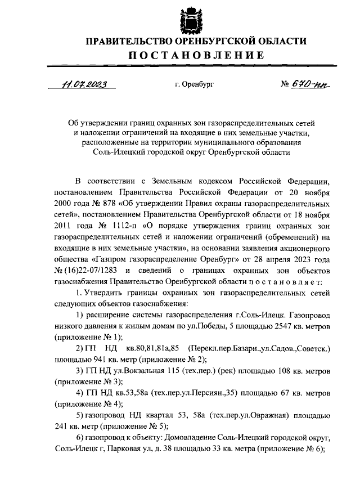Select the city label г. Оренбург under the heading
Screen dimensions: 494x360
coord(194,85)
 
